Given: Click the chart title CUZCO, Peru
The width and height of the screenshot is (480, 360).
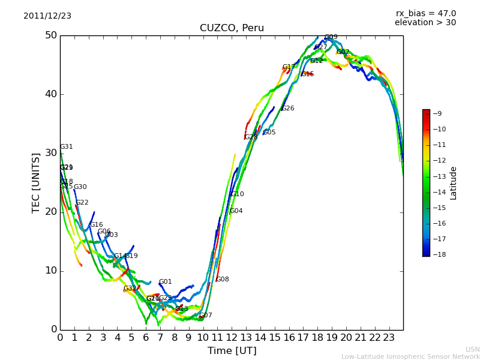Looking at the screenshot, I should (x=232, y=28).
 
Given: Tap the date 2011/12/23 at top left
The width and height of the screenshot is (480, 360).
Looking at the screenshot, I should (x=47, y=16).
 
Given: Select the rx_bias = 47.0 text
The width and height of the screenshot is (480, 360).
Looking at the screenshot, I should (x=425, y=14).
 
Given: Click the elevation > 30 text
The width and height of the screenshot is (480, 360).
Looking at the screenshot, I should (x=425, y=23).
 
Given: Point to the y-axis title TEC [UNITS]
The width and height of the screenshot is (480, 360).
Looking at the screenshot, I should (x=36, y=182).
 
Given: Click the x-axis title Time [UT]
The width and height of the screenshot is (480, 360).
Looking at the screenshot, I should (x=232, y=350).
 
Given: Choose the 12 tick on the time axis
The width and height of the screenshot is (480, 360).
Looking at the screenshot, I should (x=232, y=338).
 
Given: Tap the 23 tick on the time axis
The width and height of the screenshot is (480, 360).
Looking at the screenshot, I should (x=389, y=338).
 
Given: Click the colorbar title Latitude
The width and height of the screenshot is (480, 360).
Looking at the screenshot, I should (x=454, y=183).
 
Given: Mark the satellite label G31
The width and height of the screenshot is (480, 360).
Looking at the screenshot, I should (x=67, y=147).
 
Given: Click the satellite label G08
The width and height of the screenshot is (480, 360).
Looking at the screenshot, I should (x=223, y=280).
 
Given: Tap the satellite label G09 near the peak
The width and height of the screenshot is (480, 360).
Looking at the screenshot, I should (x=331, y=37).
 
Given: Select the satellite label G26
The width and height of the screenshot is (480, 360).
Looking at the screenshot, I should (x=288, y=109).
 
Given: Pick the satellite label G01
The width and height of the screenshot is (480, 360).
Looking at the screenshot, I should (x=166, y=282).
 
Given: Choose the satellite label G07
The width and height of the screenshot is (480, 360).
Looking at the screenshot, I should (x=206, y=316).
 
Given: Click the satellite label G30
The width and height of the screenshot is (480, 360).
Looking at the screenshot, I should (x=80, y=187).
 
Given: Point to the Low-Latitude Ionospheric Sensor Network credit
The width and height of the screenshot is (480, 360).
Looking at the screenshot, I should (x=410, y=356).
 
